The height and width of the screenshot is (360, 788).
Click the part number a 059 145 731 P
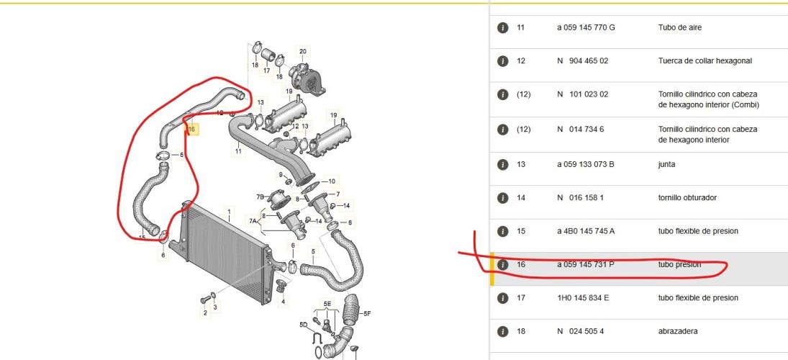pos(586,264)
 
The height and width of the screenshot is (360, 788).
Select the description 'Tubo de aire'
pos(679,27)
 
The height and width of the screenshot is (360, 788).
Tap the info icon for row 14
pos(502,198)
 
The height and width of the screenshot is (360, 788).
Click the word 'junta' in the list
pos(667,164)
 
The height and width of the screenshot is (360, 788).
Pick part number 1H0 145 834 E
pos(583,298)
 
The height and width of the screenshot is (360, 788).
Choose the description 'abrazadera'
pos(678,331)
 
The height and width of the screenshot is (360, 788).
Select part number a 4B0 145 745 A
pos(586,231)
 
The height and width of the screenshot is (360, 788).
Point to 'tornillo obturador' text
pos(687,198)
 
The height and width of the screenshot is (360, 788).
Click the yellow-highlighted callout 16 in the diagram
pos(192,130)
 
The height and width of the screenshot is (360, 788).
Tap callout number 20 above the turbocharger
pos(302,51)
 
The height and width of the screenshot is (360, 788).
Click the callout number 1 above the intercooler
pos(229,212)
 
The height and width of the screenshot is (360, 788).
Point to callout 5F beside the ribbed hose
pos(367,314)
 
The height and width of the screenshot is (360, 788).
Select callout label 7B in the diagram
pos(260,196)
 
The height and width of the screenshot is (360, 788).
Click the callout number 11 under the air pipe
pos(238,150)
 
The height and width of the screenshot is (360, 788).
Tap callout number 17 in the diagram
pos(267,71)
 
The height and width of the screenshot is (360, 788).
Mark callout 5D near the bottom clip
pos(304,325)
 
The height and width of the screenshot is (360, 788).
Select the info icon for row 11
pos(502,27)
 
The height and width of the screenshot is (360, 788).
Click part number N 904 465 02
pos(582,60)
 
